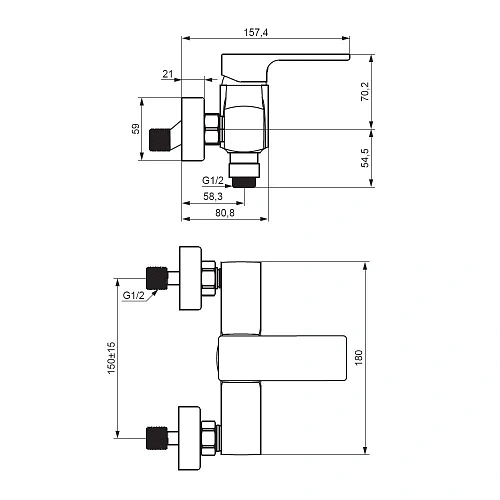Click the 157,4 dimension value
[x=256, y=33]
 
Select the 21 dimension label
[x=168, y=74]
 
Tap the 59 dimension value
[x=136, y=129]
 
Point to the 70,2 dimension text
[x=365, y=92]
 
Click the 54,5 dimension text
[x=365, y=158]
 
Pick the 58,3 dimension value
[x=213, y=196]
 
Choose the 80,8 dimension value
[x=225, y=213]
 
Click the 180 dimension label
[x=359, y=358]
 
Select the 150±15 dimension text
[x=111, y=358]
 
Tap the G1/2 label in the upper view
[x=213, y=180]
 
